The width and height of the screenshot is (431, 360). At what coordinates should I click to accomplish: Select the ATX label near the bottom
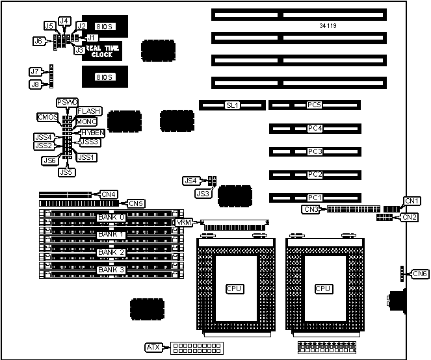tap(155, 347)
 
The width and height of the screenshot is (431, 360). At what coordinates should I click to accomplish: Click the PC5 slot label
tap(315, 104)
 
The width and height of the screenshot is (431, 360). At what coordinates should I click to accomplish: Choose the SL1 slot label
tap(232, 104)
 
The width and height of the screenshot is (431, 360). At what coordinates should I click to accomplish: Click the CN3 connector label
tap(310, 209)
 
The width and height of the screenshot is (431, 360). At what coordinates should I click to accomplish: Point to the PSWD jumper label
tap(67, 103)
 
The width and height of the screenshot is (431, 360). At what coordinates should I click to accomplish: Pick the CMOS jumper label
tap(48, 117)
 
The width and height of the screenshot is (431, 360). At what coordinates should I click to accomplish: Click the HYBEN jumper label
tap(93, 132)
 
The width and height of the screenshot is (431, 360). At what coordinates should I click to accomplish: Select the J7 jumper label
tap(36, 71)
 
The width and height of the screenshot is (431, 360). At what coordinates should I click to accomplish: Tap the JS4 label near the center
tap(190, 180)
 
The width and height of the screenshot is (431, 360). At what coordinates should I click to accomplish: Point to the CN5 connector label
tap(136, 203)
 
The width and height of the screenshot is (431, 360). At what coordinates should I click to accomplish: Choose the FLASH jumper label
tap(88, 112)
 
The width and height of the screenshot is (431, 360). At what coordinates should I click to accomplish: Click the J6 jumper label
tap(38, 40)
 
